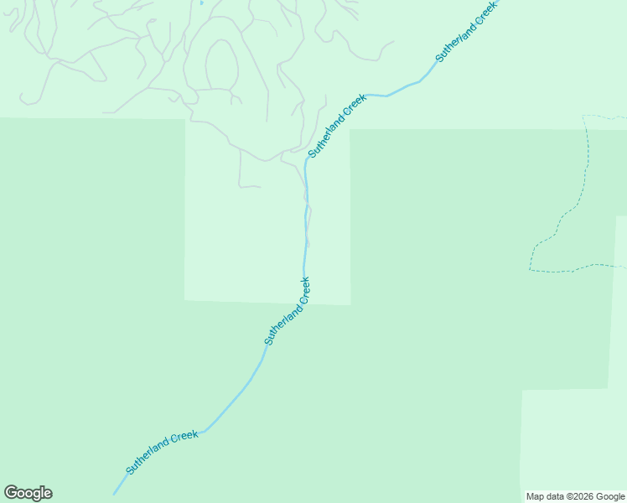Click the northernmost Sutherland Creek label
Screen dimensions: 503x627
465,31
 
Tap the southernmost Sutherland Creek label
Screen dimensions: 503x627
162,453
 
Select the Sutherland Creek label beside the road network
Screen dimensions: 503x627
337,126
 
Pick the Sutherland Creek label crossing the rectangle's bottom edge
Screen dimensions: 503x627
288,311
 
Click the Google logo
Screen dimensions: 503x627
28,493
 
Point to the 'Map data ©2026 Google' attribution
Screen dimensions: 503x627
575,496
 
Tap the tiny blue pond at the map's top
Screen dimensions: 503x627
202,3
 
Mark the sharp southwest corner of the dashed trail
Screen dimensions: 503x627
530,270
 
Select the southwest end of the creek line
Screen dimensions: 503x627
115,493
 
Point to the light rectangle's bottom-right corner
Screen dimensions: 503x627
350,304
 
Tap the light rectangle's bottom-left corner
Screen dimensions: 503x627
184,299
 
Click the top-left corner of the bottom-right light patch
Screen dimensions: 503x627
522,391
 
